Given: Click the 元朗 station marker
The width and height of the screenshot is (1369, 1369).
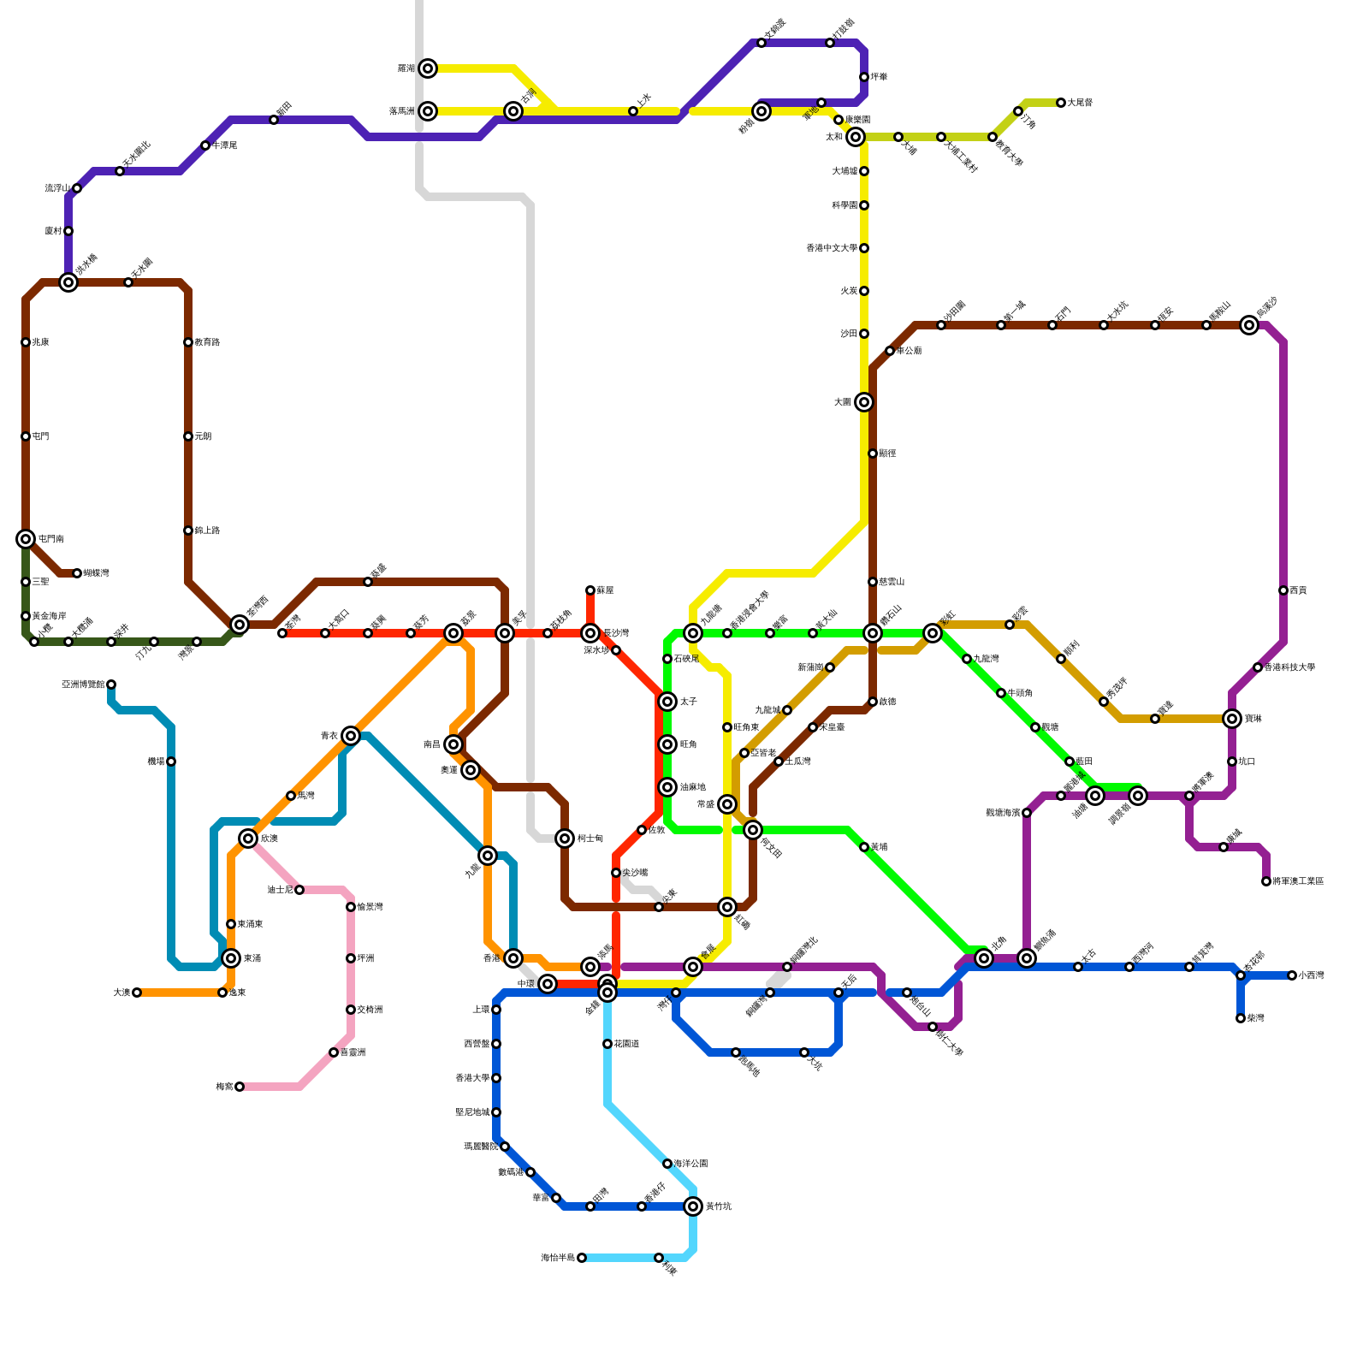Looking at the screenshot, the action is pyautogui.click(x=188, y=436).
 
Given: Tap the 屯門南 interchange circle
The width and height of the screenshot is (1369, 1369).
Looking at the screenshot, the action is pyautogui.click(x=26, y=539).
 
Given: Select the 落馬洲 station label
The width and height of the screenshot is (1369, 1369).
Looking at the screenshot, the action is pyautogui.click(x=401, y=111).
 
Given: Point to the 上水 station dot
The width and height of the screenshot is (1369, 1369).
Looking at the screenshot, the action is pyautogui.click(x=633, y=111).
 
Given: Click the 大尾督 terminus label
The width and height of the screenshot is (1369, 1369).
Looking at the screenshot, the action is pyautogui.click(x=1080, y=103).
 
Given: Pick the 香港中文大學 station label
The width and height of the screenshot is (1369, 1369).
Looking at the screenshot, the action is pyautogui.click(x=831, y=248).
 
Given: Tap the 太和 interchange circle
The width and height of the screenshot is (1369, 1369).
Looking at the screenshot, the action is pyautogui.click(x=856, y=137).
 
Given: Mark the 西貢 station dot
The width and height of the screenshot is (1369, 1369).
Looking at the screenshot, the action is pyautogui.click(x=1283, y=590).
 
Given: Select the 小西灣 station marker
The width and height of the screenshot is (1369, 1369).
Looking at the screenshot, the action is pyautogui.click(x=1292, y=975).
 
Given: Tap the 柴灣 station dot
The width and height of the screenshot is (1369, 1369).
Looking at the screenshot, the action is pyautogui.click(x=1241, y=1018).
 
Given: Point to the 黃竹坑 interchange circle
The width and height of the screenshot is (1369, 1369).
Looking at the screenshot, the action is pyautogui.click(x=693, y=1206).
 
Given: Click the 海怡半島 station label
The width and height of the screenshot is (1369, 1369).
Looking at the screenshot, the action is pyautogui.click(x=558, y=1258).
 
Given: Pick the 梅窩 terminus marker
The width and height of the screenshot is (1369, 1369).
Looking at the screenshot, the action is pyautogui.click(x=240, y=1087).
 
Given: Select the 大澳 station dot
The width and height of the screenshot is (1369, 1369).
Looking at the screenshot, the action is pyautogui.click(x=137, y=993).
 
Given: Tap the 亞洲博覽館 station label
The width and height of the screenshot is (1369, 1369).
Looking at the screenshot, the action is pyautogui.click(x=83, y=684).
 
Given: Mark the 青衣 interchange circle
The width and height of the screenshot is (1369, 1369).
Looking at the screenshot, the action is pyautogui.click(x=351, y=736).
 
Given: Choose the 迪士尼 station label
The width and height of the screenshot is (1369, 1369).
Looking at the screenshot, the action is pyautogui.click(x=280, y=890).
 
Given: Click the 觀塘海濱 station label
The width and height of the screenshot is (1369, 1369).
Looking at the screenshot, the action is pyautogui.click(x=1003, y=813).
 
